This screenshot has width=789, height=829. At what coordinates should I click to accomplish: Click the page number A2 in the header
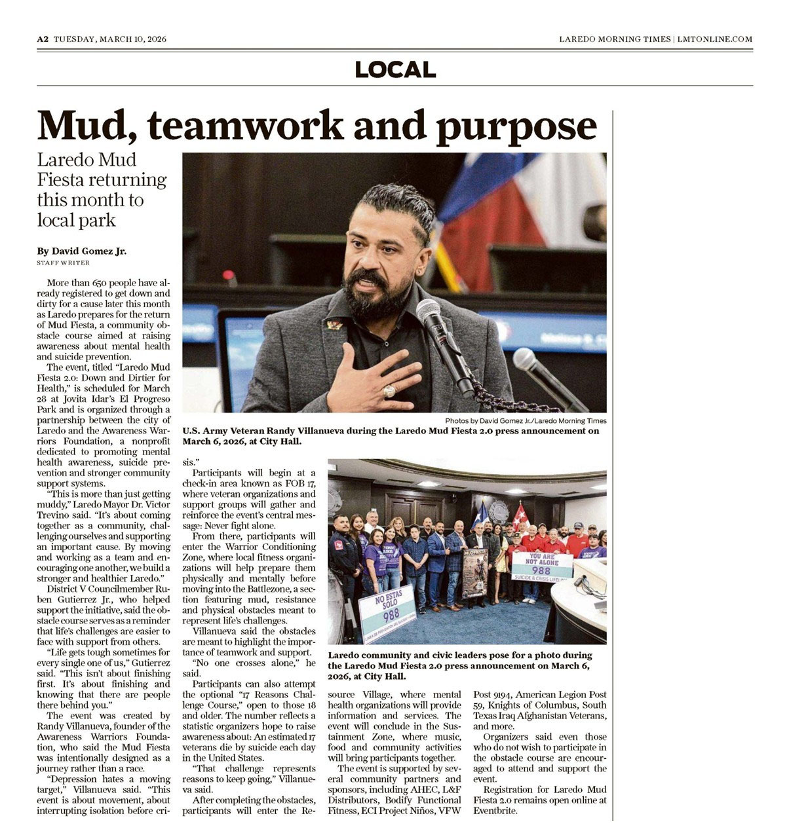[x=43, y=39]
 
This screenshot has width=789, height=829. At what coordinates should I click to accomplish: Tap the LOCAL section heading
[x=395, y=69]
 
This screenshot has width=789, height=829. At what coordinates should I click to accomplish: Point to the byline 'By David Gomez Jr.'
[x=82, y=251]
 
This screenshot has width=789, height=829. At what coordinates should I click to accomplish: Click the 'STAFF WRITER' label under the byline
[x=64, y=263]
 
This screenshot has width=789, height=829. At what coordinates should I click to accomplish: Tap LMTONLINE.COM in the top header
[x=715, y=39]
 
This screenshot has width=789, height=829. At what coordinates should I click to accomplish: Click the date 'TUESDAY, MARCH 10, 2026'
[x=110, y=39]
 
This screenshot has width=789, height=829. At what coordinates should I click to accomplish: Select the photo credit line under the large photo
[x=526, y=421]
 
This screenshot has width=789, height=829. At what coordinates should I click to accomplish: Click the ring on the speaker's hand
[x=389, y=391]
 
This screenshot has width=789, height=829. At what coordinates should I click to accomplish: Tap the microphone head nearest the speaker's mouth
[x=429, y=312]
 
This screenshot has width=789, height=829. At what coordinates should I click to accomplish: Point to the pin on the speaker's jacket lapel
[x=335, y=324]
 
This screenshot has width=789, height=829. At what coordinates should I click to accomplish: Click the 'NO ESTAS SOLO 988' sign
[x=388, y=613]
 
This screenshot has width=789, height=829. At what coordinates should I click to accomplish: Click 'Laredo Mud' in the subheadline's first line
[x=87, y=160]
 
